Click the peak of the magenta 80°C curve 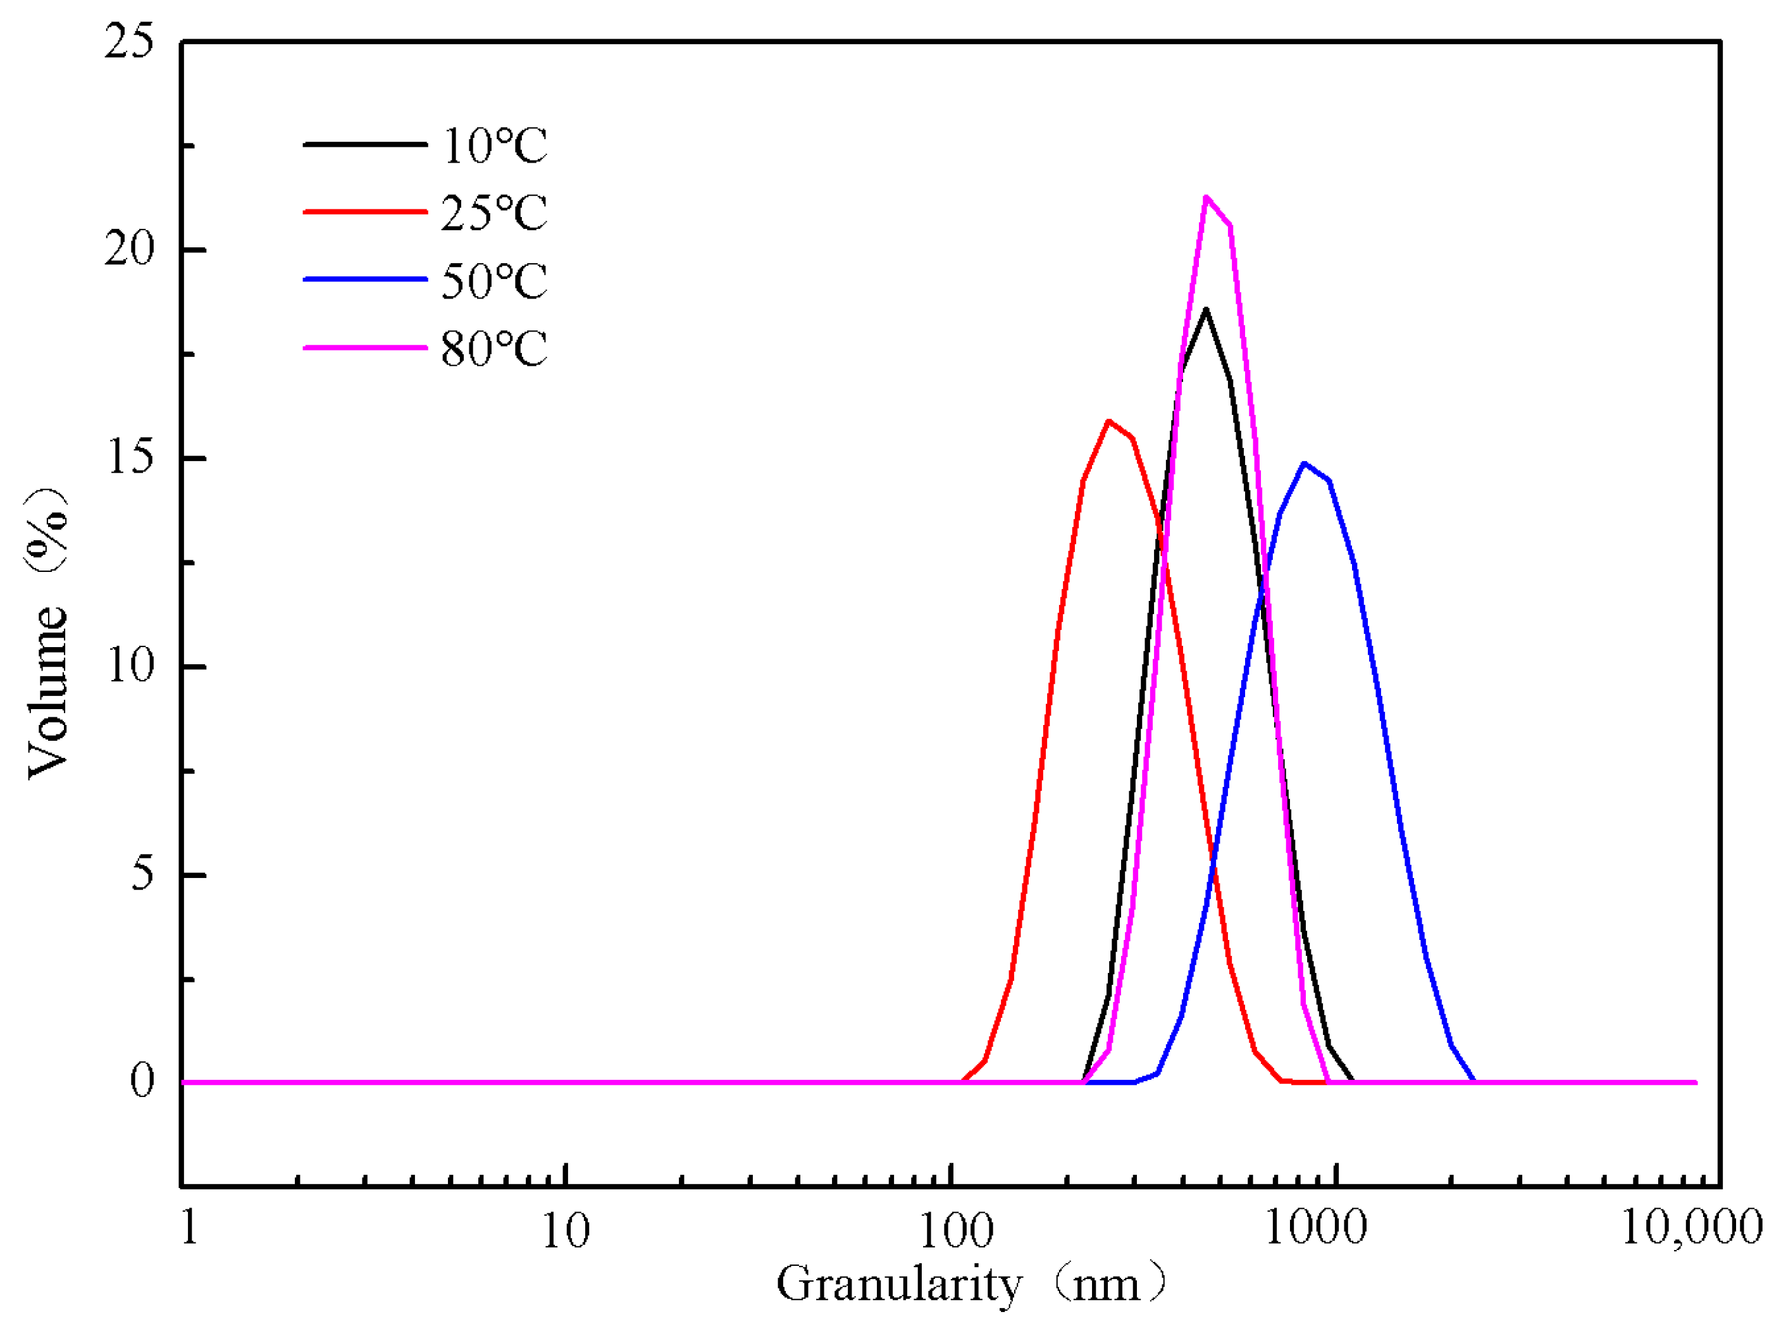tap(1206, 197)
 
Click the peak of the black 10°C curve tap(1205, 309)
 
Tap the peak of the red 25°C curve tap(1108, 421)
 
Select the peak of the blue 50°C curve tap(1305, 463)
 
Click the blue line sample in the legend tap(365, 279)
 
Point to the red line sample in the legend tap(365, 211)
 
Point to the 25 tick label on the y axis tap(128, 42)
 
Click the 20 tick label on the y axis tap(128, 249)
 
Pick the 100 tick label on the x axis tap(955, 1230)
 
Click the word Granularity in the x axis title tap(898, 1285)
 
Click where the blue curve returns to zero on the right tap(1473, 1081)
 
